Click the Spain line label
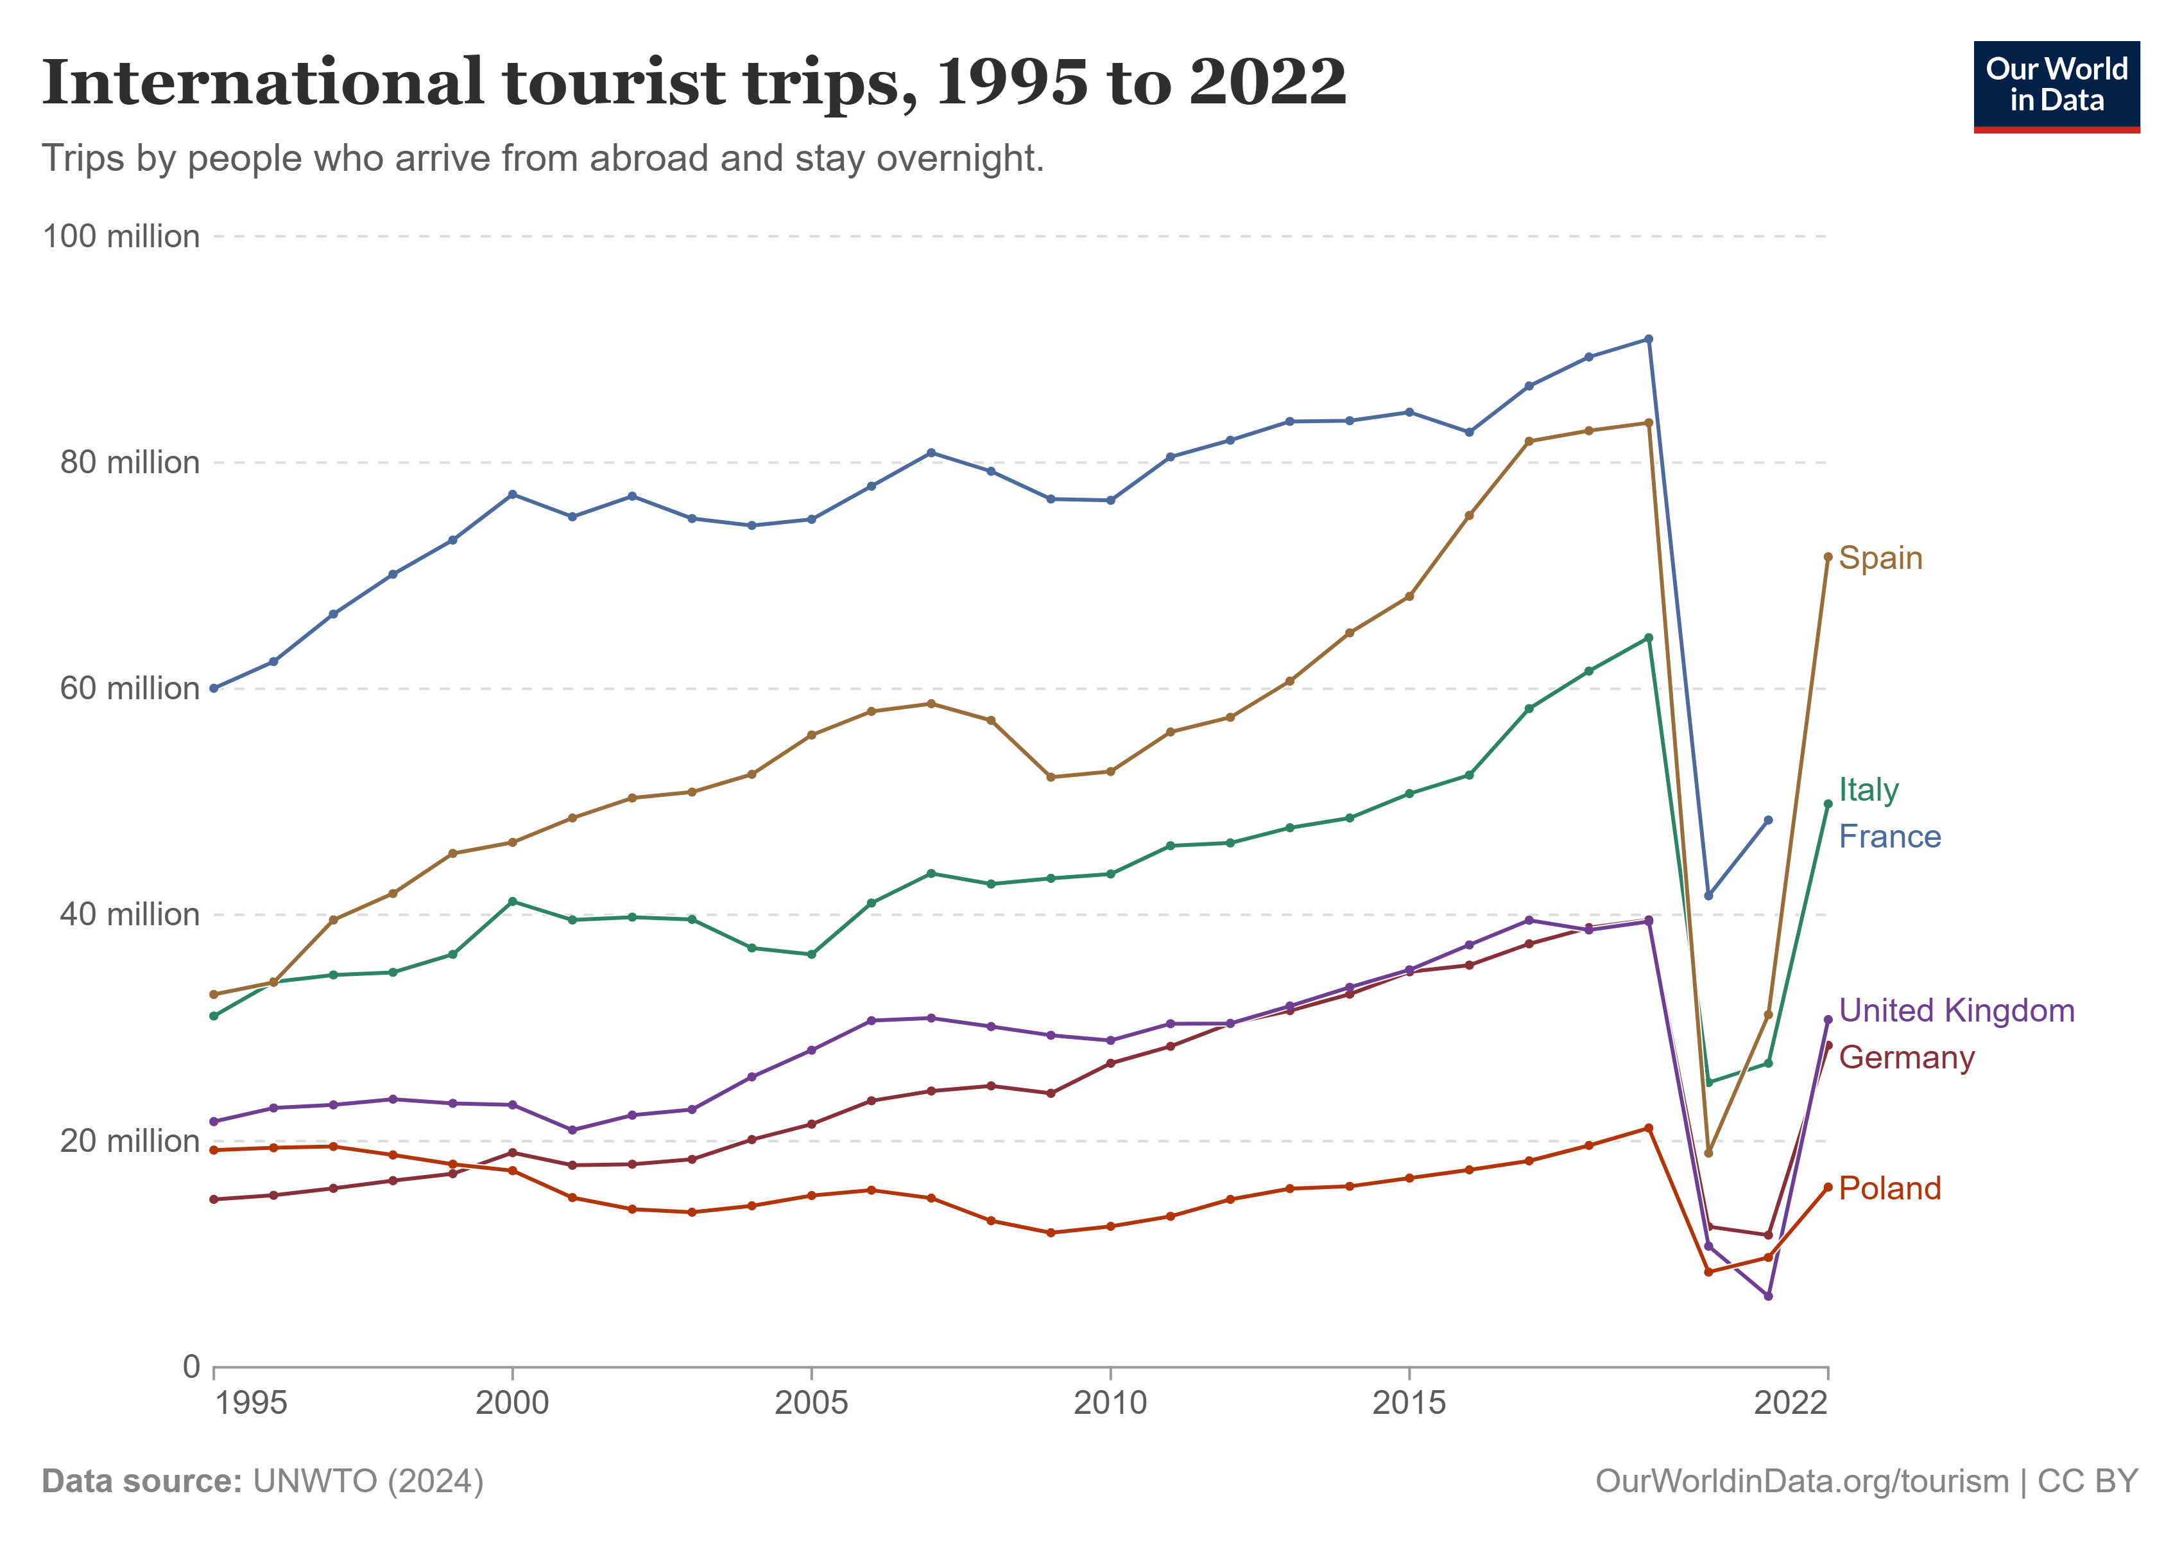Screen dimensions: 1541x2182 click(1880, 558)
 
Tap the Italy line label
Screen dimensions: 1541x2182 click(1868, 789)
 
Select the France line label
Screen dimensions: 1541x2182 click(1889, 837)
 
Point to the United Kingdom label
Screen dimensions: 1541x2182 click(1957, 1011)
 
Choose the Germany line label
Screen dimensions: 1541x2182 click(1907, 1057)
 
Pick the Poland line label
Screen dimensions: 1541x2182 click(1889, 1188)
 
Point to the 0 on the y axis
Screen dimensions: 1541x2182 click(191, 1367)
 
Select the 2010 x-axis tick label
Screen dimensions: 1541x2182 click(1110, 1403)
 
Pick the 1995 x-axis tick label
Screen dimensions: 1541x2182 click(251, 1403)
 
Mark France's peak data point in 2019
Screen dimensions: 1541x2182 click(1649, 340)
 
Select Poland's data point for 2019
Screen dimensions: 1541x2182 click(1649, 1128)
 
